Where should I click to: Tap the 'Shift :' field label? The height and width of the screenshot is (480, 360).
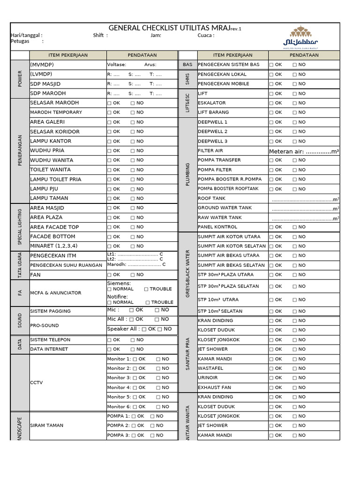pyautogui.click(x=100, y=35)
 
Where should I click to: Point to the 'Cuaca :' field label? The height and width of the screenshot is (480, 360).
pyautogui.click(x=206, y=35)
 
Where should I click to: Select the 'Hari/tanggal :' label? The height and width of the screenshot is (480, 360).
pyautogui.click(x=26, y=35)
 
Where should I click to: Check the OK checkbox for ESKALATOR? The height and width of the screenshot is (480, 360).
pyautogui.click(x=271, y=103)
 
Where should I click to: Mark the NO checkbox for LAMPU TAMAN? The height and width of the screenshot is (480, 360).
pyautogui.click(x=133, y=198)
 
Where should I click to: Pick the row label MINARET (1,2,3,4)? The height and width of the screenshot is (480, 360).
pyautogui.click(x=54, y=246)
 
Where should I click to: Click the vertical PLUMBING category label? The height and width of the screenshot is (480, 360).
pyautogui.click(x=188, y=174)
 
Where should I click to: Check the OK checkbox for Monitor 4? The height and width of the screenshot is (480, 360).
pyautogui.click(x=135, y=388)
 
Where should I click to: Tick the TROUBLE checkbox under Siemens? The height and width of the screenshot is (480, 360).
pyautogui.click(x=146, y=289)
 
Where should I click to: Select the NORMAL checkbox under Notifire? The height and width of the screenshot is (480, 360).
pyautogui.click(x=110, y=303)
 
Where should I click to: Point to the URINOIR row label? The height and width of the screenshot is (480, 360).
pyautogui.click(x=208, y=378)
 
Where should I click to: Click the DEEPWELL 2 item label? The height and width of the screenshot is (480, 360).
pyautogui.click(x=212, y=132)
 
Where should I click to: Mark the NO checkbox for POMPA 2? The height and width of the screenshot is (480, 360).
pyautogui.click(x=152, y=426)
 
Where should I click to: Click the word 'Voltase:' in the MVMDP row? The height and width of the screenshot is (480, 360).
pyautogui.click(x=117, y=65)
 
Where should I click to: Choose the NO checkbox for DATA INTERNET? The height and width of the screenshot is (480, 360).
pyautogui.click(x=133, y=349)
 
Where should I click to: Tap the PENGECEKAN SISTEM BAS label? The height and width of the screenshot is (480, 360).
pyautogui.click(x=228, y=65)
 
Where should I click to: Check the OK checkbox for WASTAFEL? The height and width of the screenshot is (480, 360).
pyautogui.click(x=271, y=368)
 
